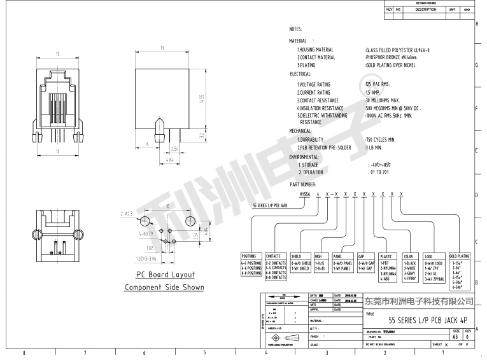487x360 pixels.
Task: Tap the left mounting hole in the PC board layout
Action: tap(146, 220)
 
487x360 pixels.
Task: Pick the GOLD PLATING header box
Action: tap(459, 256)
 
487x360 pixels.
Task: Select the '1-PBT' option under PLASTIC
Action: tap(385, 263)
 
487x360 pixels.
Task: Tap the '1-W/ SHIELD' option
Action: tap(301, 268)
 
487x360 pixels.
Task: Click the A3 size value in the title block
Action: tap(456, 337)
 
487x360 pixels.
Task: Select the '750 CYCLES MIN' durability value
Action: tap(381, 139)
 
